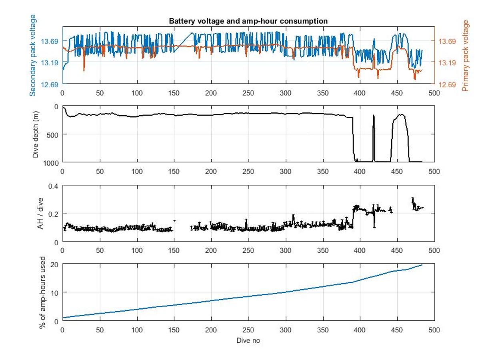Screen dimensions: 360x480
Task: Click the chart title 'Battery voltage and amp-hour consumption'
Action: pos(248,21)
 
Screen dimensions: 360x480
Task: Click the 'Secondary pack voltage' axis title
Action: pos(33,55)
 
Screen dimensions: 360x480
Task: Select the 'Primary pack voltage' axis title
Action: pos(465,55)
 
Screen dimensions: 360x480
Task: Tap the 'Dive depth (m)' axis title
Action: pos(36,134)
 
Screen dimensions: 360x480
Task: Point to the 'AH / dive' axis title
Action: pos(40,214)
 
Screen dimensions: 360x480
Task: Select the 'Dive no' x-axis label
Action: pos(248,340)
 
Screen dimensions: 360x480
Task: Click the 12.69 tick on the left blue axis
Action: pos(51,84)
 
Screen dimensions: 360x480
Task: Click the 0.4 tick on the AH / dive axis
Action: pos(54,186)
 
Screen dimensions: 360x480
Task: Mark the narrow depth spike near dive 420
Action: pos(374,117)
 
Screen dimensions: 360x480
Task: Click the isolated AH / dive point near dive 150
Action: pos(174,220)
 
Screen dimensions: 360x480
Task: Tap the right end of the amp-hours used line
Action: pos(422,265)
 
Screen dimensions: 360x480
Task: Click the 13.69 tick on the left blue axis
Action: pos(51,41)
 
